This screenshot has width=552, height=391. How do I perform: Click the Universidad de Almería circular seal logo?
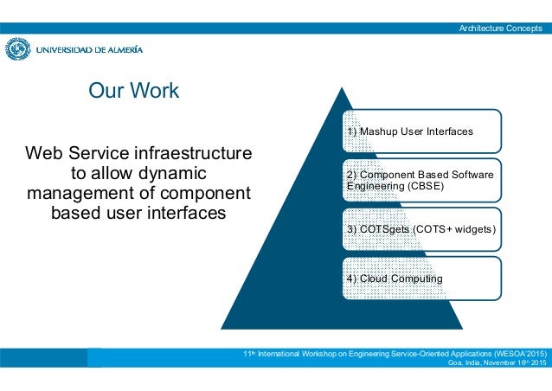click(18, 49)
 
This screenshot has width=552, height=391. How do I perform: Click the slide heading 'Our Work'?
click(134, 90)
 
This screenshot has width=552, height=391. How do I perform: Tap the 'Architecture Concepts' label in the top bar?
click(502, 29)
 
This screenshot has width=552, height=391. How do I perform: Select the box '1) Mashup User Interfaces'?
click(421, 131)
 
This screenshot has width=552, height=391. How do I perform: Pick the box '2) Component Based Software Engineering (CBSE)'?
click(421, 180)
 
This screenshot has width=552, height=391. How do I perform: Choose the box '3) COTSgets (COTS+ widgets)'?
click(421, 229)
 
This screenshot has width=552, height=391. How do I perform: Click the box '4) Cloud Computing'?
click(421, 279)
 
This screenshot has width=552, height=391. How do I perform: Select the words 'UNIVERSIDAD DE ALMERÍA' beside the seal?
click(89, 50)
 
